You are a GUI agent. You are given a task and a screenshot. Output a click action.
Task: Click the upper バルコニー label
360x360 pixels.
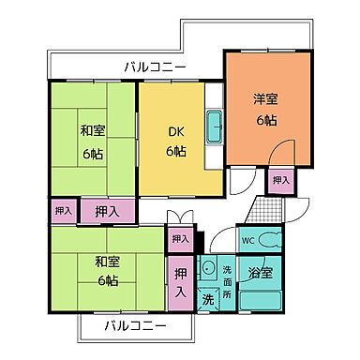155,67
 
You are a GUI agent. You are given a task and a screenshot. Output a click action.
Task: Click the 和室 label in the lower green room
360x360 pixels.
106,262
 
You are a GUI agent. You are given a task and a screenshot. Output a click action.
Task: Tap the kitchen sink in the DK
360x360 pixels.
214,127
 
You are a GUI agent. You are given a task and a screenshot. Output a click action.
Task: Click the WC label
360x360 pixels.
248,240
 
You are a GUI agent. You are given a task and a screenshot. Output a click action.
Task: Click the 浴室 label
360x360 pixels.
260,273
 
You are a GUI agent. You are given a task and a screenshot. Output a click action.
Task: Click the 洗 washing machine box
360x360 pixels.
208,300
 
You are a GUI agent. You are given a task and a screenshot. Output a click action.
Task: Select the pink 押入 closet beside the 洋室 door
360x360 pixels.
279,179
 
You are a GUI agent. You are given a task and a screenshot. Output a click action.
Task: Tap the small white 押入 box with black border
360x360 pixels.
179,239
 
